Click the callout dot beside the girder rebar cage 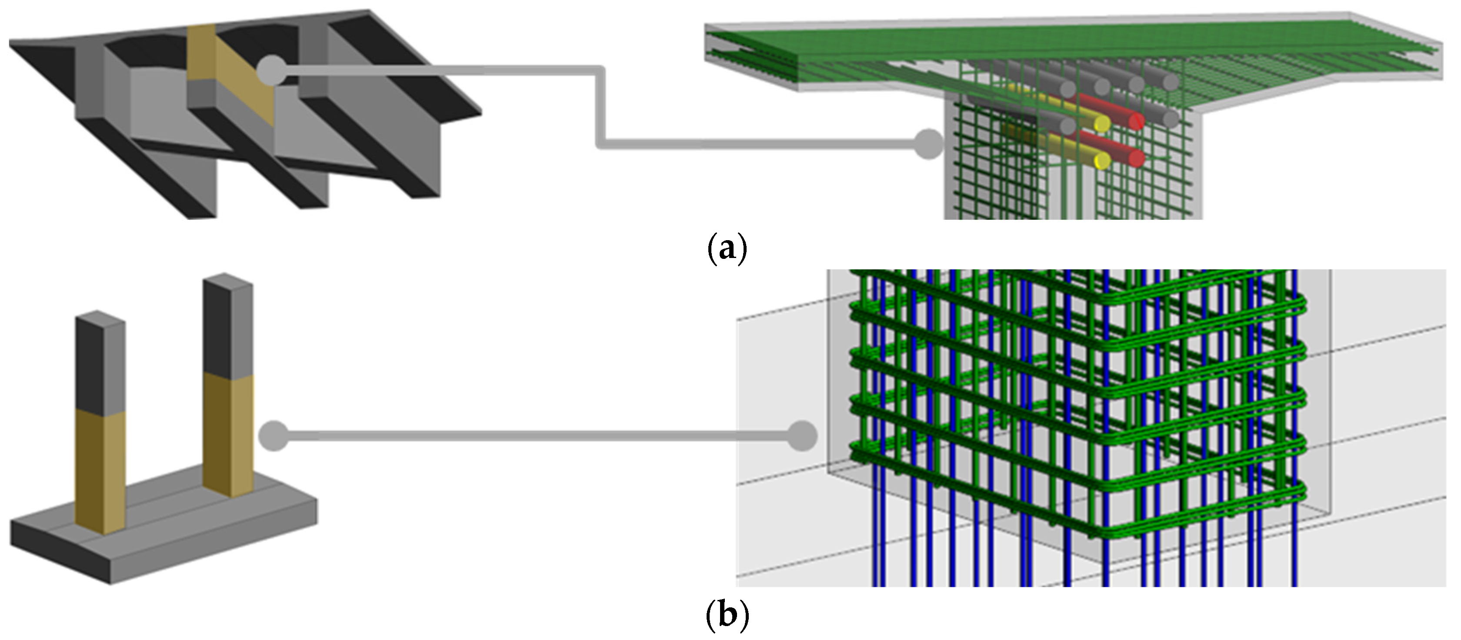928,144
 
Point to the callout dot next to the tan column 274,436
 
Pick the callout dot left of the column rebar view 803,436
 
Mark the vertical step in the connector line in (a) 600,108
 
